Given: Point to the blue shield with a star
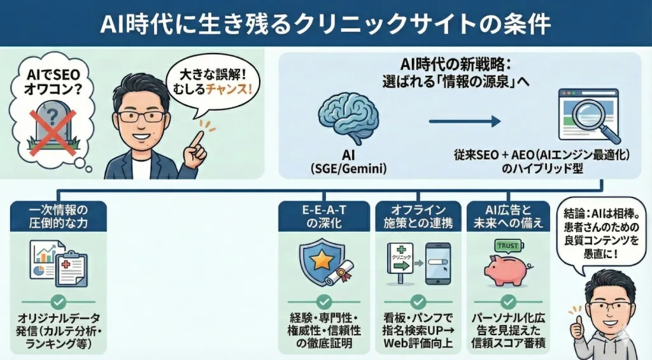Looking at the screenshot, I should pyautogui.click(x=316, y=261).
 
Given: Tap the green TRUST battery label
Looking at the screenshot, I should pyautogui.click(x=508, y=246).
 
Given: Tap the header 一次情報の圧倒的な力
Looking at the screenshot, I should pyautogui.click(x=59, y=216).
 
